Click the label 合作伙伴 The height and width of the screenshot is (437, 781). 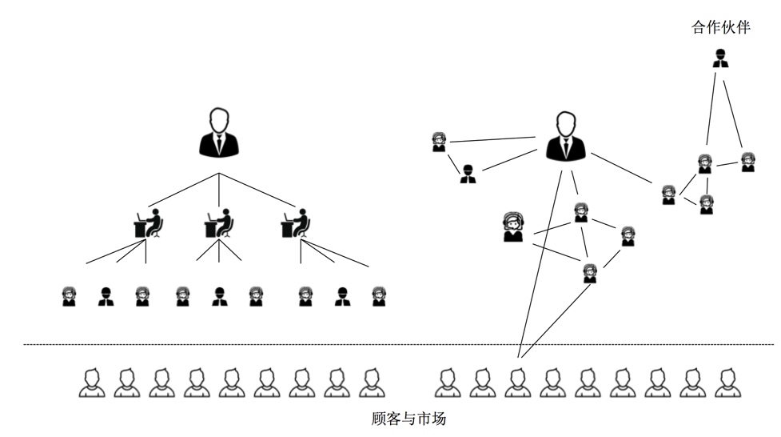click(720, 27)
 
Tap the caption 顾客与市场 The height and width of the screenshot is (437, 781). click(408, 418)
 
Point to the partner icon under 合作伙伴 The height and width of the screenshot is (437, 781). click(720, 59)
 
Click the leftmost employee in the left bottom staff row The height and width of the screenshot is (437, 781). click(70, 296)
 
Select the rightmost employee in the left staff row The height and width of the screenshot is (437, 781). click(378, 296)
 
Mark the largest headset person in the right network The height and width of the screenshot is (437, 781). click(512, 227)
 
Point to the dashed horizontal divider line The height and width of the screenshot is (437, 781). click(400, 345)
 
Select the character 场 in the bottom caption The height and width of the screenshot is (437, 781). click(437, 418)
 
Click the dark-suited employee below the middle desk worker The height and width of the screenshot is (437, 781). click(219, 297)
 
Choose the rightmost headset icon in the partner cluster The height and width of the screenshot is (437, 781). click(747, 162)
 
